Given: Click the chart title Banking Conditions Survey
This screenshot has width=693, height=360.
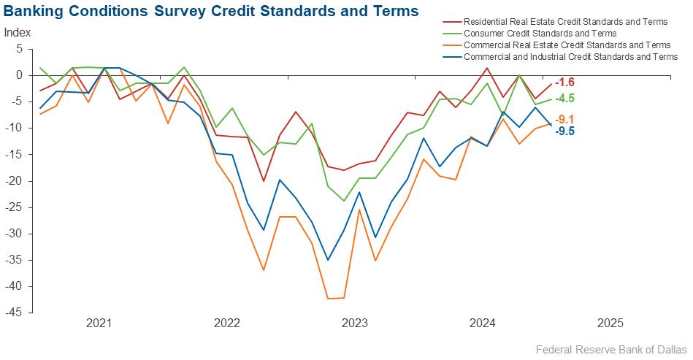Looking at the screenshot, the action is click(x=211, y=11).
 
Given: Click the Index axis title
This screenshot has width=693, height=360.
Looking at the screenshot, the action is click(x=18, y=33).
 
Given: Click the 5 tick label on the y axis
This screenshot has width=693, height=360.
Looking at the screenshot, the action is click(x=20, y=49).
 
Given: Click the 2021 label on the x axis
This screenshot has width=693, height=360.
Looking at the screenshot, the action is click(x=99, y=323).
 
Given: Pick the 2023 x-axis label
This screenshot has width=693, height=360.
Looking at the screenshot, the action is click(x=354, y=323).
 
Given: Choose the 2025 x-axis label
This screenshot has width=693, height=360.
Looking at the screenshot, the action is click(x=610, y=323).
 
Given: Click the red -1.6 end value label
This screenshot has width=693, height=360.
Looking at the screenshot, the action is click(x=564, y=83).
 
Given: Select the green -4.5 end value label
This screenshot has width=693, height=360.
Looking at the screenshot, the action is click(x=564, y=99).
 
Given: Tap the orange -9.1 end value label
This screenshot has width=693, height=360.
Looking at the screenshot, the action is click(x=564, y=119).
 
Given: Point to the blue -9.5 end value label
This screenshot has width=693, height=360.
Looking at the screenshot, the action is click(x=564, y=131).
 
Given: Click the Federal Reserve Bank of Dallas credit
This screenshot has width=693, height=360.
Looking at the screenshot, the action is click(x=611, y=350).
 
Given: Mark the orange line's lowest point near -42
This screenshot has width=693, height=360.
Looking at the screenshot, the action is click(x=329, y=299).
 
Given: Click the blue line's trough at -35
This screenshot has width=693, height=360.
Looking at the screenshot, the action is click(x=328, y=260).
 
